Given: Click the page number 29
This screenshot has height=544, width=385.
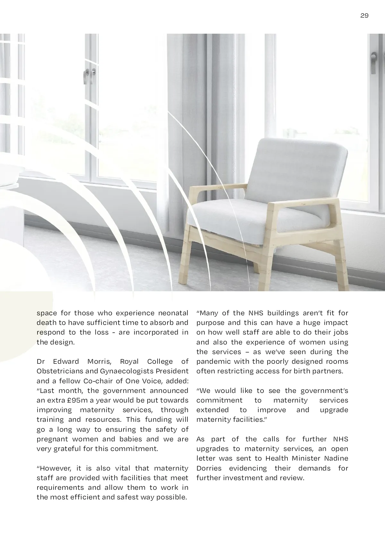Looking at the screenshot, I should [364, 16].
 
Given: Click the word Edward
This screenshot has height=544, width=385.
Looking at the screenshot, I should [66, 361].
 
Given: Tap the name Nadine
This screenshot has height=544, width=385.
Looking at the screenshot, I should [336, 458].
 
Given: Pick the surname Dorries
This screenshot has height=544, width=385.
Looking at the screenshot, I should [209, 468].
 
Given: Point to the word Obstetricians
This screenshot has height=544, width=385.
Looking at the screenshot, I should [60, 371].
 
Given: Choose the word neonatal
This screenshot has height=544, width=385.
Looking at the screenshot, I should [173, 313].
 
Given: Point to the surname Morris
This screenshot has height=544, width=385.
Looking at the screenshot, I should [99, 361].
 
